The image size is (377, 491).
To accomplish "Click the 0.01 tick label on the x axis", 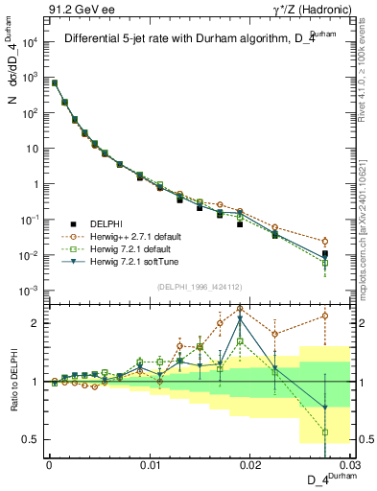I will click(x=150, y=463).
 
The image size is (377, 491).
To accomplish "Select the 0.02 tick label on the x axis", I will click(x=249, y=463).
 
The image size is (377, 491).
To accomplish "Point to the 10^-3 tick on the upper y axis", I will click(x=30, y=291).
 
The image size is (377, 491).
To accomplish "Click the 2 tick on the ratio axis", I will click(x=36, y=323).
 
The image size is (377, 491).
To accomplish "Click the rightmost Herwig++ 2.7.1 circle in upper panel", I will click(x=325, y=242).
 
